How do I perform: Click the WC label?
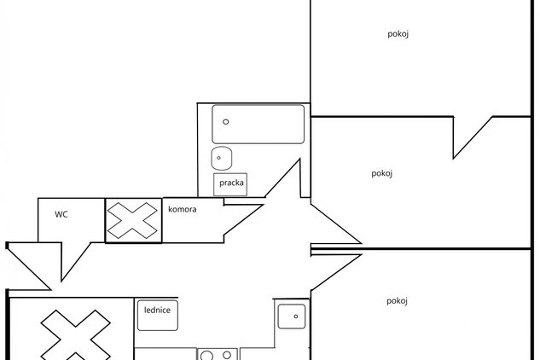point(61,214)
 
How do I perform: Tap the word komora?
point(183,209)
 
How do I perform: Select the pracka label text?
point(231,183)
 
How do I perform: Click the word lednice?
point(157,310)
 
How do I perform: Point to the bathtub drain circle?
point(226,122)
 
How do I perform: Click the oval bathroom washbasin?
point(222,158)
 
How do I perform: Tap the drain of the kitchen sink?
point(295,316)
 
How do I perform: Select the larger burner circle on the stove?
point(206,356)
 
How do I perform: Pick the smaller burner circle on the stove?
point(227,355)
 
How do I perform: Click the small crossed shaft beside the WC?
point(133,220)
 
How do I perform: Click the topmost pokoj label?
point(398,34)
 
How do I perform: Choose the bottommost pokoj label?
point(397,301)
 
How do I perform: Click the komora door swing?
point(243,219)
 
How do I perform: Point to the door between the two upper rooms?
point(473,138)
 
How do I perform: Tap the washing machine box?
point(230,184)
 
